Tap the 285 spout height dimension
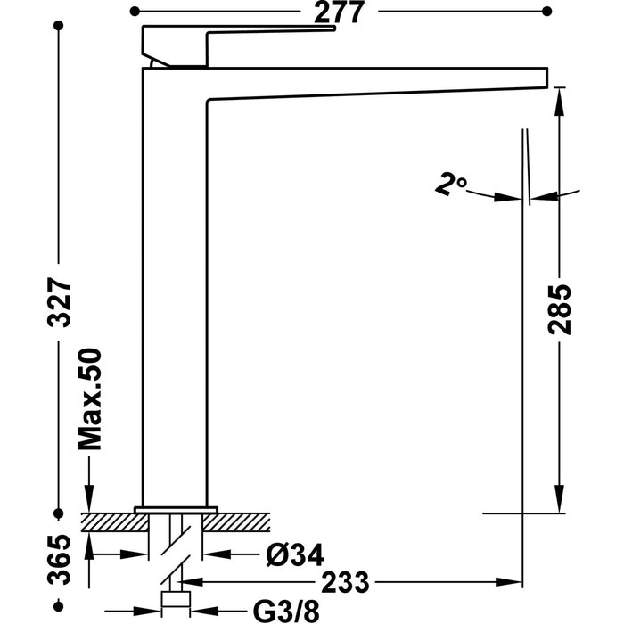tap(559, 308)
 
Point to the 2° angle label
tap(451, 185)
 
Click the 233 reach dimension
tap(319, 581)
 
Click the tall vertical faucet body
tap(175, 285)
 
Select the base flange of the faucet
tap(175, 509)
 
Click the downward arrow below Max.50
tap(91, 499)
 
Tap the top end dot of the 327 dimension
tap(61, 29)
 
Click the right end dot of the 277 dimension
tap(546, 12)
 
